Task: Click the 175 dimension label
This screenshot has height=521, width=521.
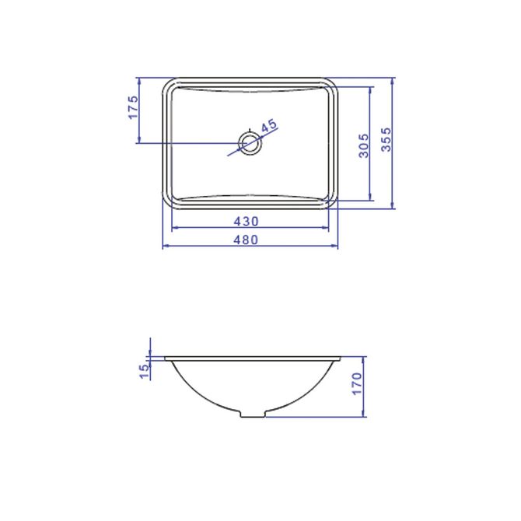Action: coord(134,107)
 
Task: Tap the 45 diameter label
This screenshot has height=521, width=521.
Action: coord(268,126)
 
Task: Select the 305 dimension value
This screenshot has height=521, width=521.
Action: coord(364,145)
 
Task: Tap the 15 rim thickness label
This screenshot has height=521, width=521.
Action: coord(143,372)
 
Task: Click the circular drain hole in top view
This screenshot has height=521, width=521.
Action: coord(250,143)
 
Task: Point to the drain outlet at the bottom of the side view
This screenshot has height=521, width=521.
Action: coord(252,414)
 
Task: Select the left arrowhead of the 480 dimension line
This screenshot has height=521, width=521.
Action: coord(164,247)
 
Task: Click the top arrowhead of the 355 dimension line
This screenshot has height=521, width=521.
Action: coord(393,81)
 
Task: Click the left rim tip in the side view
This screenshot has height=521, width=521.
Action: coord(166,358)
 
